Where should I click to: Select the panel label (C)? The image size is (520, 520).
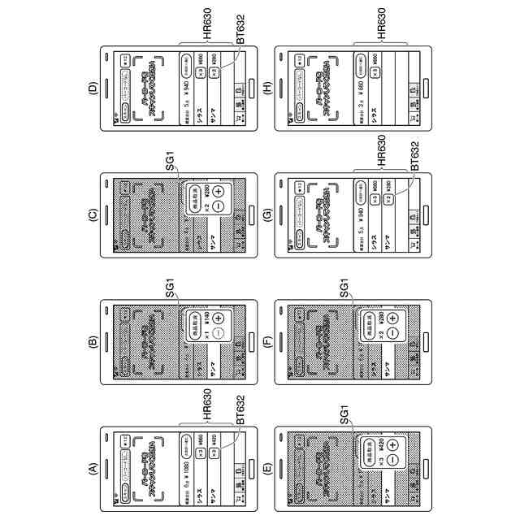(92, 214)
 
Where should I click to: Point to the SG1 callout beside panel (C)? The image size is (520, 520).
(171, 163)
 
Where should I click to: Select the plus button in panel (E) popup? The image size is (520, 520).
(394, 444)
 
